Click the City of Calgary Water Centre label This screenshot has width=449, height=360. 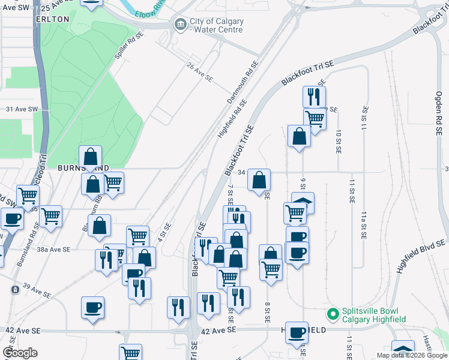(x=217, y=25)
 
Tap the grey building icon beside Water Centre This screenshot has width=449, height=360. (x=179, y=25)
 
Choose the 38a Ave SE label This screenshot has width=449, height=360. (x=53, y=248)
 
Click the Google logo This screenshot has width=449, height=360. (x=20, y=353)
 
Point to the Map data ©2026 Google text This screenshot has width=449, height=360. (x=412, y=355)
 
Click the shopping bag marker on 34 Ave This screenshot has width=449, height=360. (x=259, y=180)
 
